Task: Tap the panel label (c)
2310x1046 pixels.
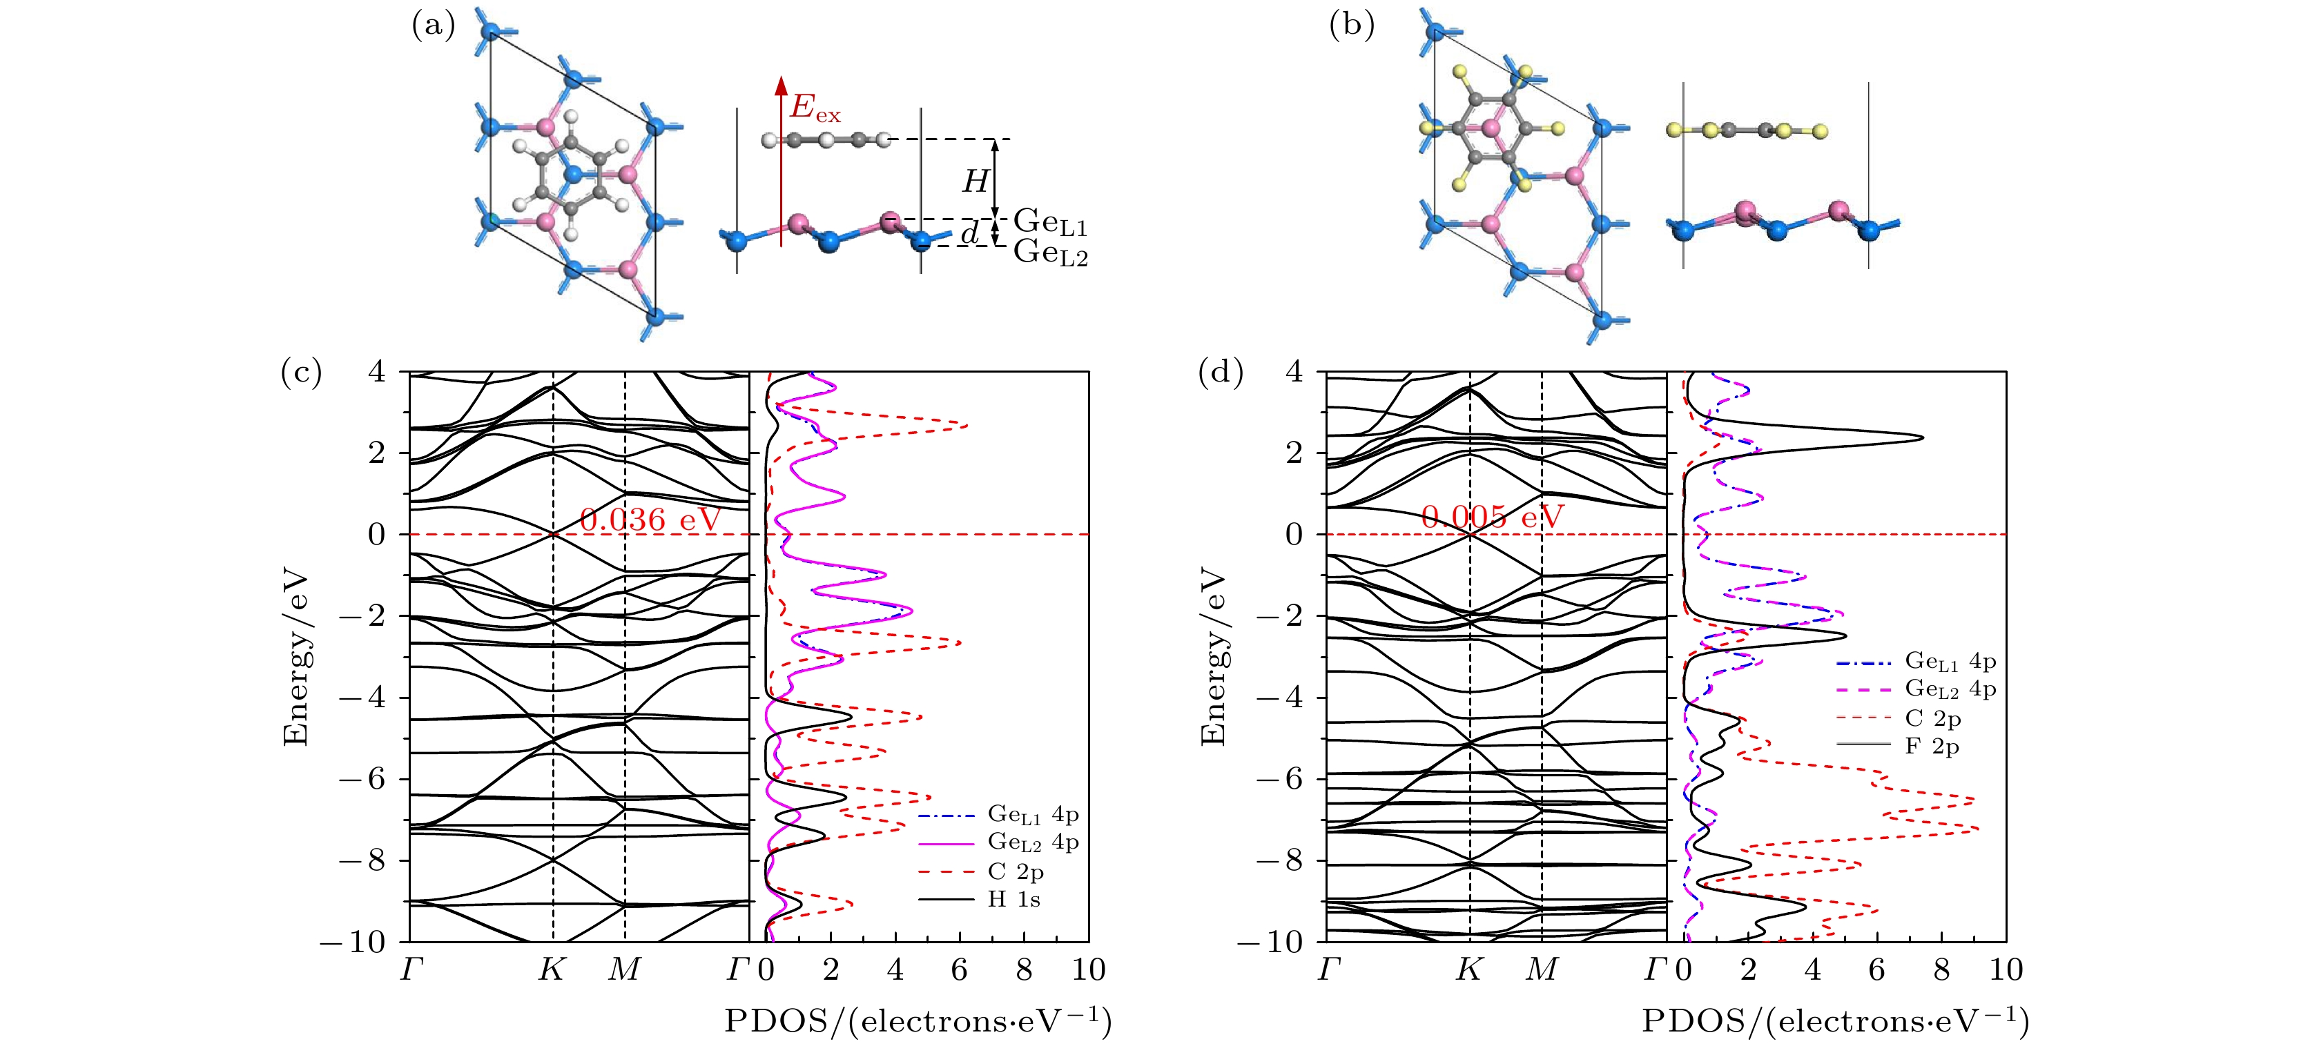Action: coord(301,371)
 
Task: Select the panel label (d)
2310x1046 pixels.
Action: coord(1220,371)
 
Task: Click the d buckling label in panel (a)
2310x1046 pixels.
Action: coord(969,234)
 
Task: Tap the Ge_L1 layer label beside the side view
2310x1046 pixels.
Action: coord(1050,221)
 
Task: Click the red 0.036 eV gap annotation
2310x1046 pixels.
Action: coord(650,519)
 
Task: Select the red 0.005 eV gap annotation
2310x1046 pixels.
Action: coord(1492,517)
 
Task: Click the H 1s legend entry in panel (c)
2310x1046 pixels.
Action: coord(1013,899)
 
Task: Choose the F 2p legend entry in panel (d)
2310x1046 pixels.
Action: coord(1932,746)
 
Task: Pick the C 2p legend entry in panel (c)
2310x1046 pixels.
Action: coord(1015,871)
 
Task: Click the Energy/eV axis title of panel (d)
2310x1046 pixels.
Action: coord(1212,655)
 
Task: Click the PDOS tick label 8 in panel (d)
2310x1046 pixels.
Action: coord(1941,970)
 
